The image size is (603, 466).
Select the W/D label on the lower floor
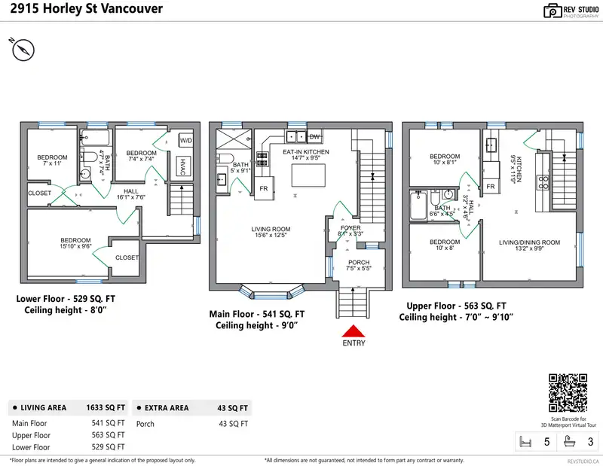185,141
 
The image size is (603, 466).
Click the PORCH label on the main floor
359,263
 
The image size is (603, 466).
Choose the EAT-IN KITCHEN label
305,152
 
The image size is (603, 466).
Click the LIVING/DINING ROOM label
529,242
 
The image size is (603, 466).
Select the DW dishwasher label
314,136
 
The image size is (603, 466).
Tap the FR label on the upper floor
490,186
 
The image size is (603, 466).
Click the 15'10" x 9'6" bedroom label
75,242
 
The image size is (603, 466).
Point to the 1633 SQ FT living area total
108,407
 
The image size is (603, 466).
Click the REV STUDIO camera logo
552,11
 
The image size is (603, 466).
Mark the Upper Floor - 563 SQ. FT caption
456,306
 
